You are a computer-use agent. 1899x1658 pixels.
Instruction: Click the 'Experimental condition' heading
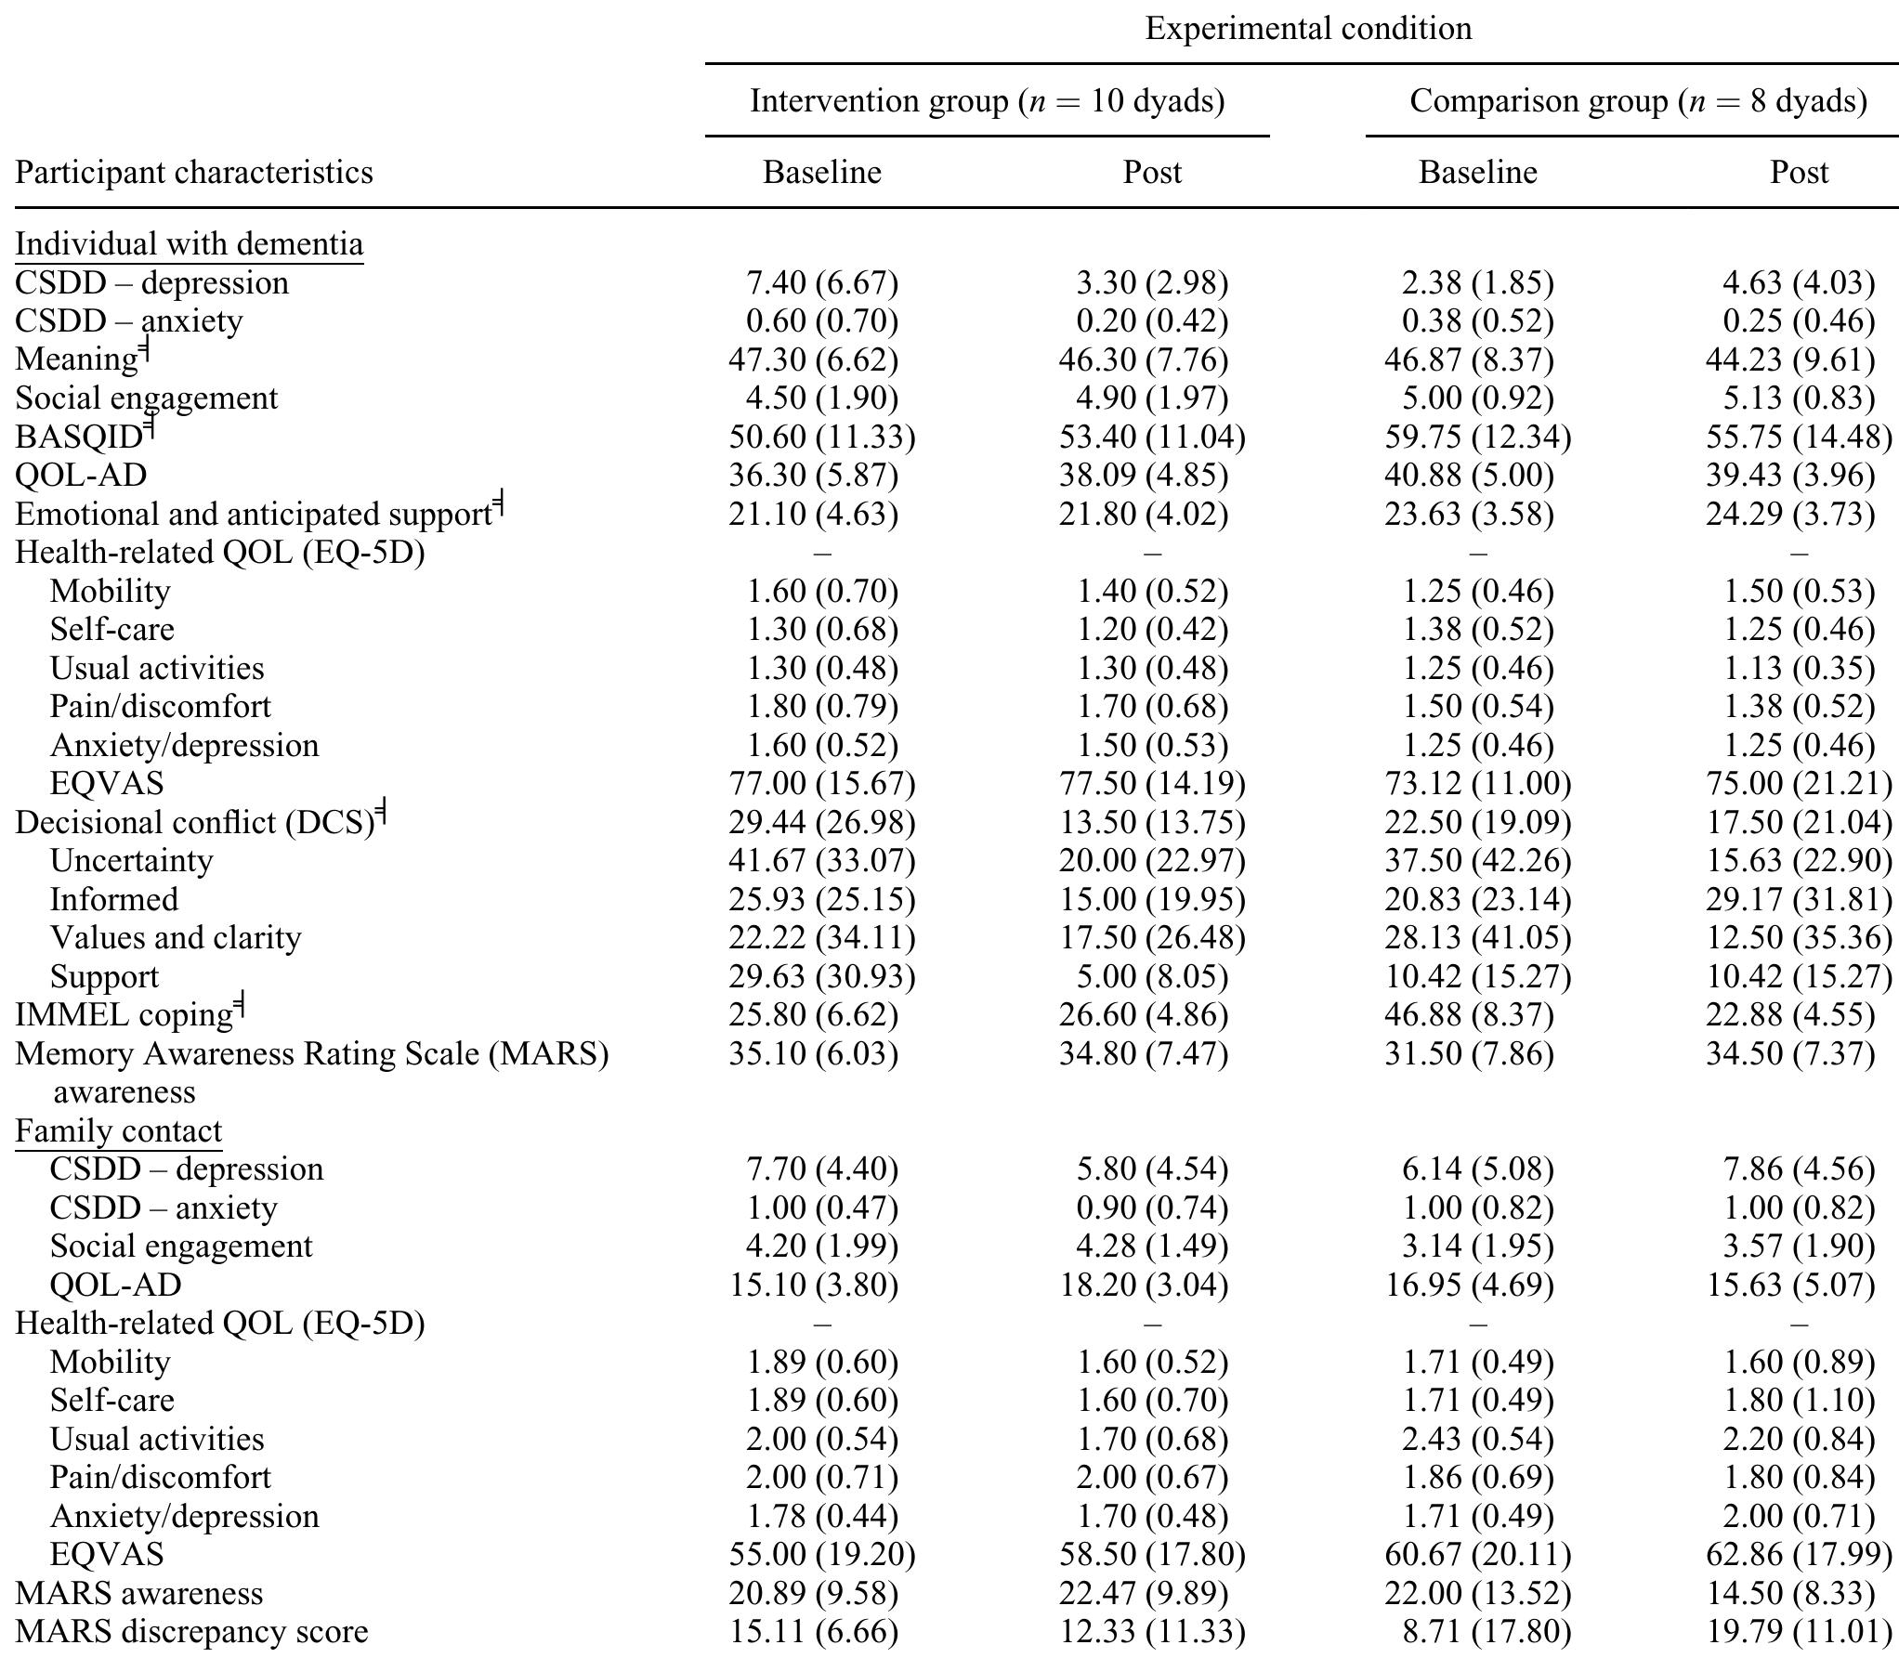point(1307,29)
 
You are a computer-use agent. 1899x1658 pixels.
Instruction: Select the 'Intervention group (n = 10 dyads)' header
point(987,100)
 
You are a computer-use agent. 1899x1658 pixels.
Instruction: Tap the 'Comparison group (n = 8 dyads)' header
point(1637,100)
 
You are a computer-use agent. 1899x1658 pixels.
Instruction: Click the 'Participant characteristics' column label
point(194,173)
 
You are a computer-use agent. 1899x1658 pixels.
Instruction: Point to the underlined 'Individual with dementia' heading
point(189,244)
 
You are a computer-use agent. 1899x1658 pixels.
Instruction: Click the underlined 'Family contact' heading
point(118,1131)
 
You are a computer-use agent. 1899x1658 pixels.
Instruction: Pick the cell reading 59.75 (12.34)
point(1477,437)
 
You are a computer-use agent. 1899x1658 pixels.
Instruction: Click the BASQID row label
point(79,437)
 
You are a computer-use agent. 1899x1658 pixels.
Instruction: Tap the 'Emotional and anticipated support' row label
point(253,514)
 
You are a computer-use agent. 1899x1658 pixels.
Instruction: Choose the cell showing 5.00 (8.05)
point(1152,976)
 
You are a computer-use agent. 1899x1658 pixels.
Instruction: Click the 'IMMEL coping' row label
point(124,1015)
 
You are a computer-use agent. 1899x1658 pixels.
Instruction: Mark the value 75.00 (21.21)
point(1799,784)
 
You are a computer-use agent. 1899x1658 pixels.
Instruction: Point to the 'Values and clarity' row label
point(176,938)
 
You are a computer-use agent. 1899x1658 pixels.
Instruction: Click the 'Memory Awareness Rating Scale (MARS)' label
point(311,1054)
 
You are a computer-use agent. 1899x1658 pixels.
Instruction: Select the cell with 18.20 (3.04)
point(1152,1285)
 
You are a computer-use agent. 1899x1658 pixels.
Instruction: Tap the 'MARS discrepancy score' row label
point(191,1632)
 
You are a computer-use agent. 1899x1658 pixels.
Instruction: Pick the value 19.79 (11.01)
point(1799,1632)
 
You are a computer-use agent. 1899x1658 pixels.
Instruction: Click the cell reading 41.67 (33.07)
point(822,861)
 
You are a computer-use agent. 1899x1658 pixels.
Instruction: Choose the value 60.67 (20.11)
point(1477,1555)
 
